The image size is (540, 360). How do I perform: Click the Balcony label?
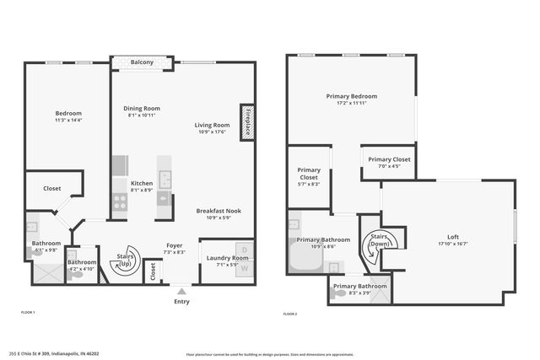pyautogui.click(x=142, y=62)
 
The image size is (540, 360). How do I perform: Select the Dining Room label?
pyautogui.click(x=142, y=108)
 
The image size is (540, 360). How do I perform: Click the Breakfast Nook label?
pyautogui.click(x=219, y=210)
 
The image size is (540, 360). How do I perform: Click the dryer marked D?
pyautogui.click(x=245, y=250)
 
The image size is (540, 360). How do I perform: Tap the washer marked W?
pyautogui.click(x=245, y=269)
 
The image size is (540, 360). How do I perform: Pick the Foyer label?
pyautogui.click(x=174, y=245)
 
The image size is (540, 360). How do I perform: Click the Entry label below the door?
pyautogui.click(x=181, y=302)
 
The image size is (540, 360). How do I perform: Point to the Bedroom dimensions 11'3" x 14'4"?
pyautogui.click(x=68, y=121)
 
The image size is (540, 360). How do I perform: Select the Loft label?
pyautogui.click(x=453, y=237)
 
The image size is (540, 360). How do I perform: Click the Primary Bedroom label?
pyautogui.click(x=351, y=96)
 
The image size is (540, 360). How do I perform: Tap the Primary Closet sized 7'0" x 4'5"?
pyautogui.click(x=389, y=159)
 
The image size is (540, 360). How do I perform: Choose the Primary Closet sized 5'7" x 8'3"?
pyautogui.click(x=309, y=175)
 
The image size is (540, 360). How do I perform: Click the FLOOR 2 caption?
pyautogui.click(x=289, y=314)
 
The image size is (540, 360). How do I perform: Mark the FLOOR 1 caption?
pyautogui.click(x=28, y=313)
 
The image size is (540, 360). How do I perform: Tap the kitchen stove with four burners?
pyautogui.click(x=120, y=202)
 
